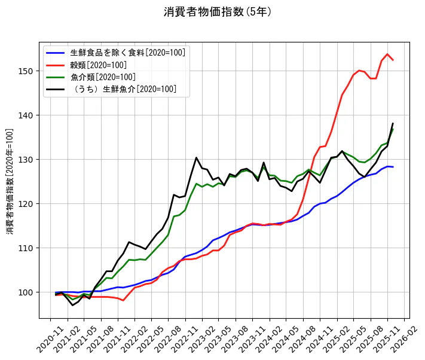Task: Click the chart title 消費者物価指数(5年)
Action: click(218, 12)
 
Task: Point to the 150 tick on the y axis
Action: click(26, 71)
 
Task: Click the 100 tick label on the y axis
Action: click(26, 292)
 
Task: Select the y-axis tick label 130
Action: click(26, 160)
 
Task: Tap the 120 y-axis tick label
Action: click(26, 204)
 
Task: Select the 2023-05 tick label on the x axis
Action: click(219, 338)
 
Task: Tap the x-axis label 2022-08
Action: click(169, 338)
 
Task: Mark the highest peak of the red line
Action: click(387, 54)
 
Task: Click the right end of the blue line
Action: click(393, 167)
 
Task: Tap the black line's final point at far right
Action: click(393, 123)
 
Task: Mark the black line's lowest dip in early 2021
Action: click(73, 306)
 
